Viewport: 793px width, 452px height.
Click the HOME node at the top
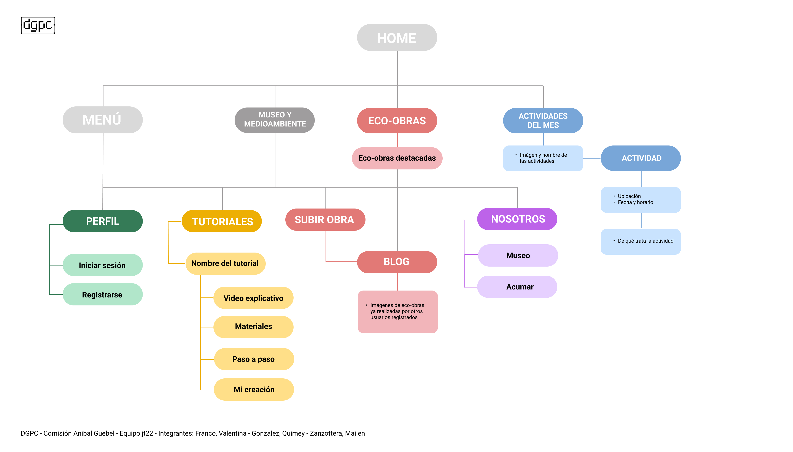397,38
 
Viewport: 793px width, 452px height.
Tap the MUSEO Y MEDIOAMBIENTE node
275,120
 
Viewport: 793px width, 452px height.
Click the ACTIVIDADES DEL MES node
543,121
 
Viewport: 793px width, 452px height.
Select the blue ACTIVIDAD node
640,158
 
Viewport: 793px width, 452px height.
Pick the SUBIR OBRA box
325,220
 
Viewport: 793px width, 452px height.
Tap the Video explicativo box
253,298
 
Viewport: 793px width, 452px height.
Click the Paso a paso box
253,359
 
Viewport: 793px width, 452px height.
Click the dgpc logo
38,25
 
